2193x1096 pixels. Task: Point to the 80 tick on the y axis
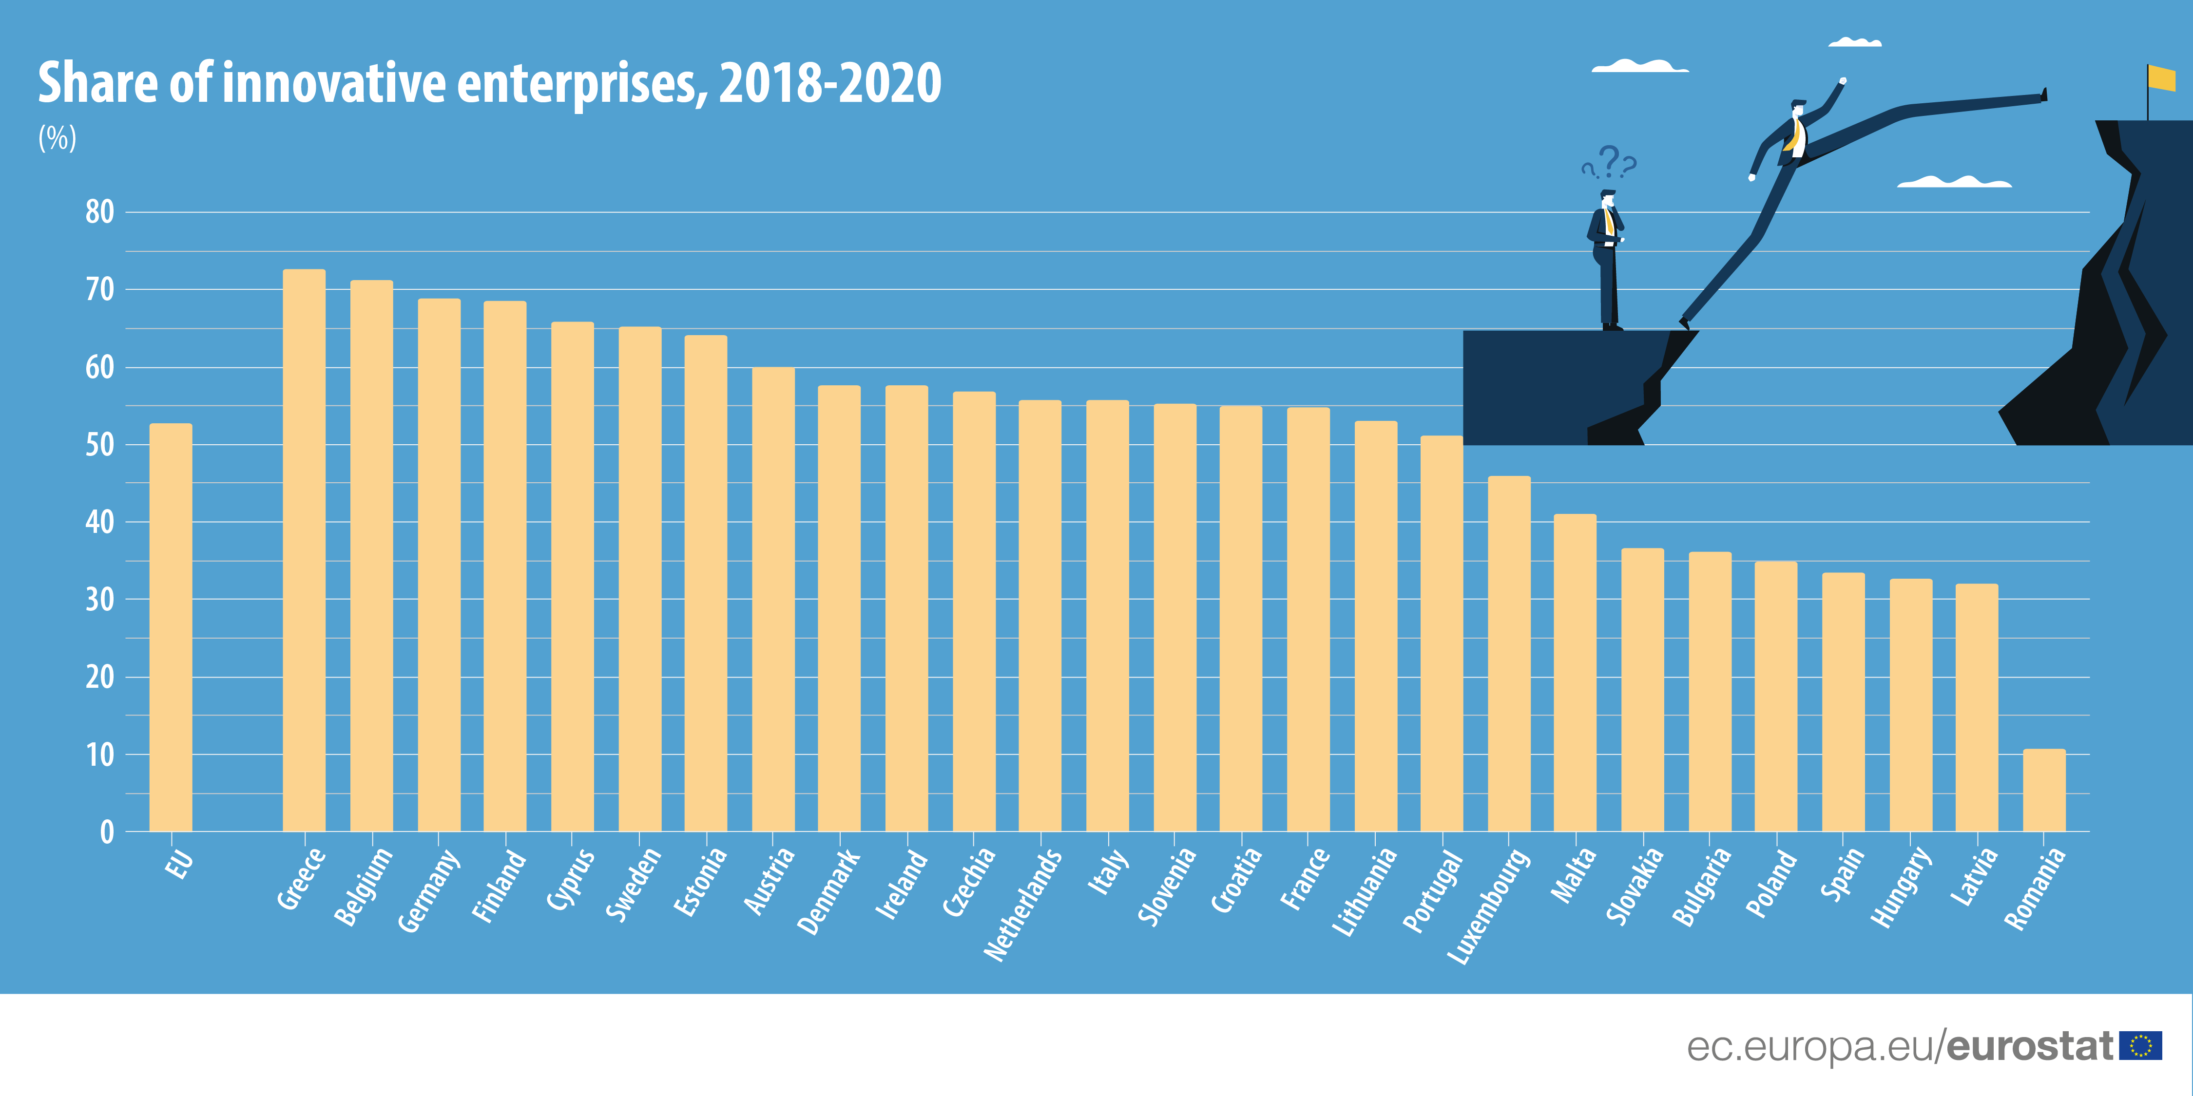[99, 212]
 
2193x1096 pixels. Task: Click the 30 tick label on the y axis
[99, 600]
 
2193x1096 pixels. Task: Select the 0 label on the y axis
[106, 832]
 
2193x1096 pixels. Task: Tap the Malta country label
[1573, 876]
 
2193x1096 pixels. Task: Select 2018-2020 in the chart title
[830, 83]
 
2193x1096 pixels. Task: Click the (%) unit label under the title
[57, 138]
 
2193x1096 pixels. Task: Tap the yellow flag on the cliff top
[2161, 78]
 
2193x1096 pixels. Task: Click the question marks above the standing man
[1609, 162]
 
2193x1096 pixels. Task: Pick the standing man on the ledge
[1606, 260]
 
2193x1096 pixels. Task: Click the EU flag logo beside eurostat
[2140, 1045]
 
